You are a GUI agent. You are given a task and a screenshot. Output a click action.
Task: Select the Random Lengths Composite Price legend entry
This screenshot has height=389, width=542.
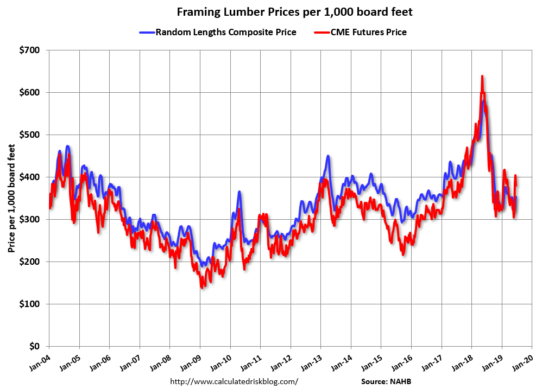click(x=225, y=32)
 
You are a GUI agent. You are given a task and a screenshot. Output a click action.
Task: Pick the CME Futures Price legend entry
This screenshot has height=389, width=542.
click(x=368, y=32)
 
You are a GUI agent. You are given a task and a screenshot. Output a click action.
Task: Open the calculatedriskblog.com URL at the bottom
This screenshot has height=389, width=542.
click(x=234, y=381)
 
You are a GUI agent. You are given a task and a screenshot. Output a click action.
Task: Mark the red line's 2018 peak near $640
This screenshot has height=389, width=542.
click(x=482, y=76)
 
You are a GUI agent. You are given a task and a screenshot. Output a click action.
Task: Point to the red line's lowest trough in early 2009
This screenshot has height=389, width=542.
click(x=202, y=288)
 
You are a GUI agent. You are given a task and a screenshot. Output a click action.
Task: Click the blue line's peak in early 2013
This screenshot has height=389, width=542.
click(x=328, y=156)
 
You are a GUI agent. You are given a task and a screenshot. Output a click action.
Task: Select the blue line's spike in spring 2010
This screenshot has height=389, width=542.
click(x=239, y=192)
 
